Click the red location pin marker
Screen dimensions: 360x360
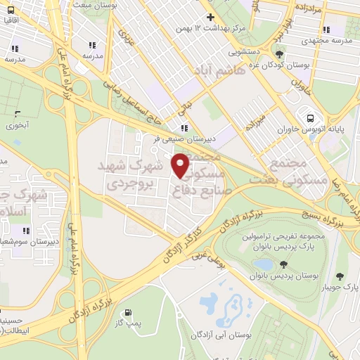pyautogui.click(x=181, y=165)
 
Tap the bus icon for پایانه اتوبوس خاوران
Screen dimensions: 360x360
pyautogui.click(x=309, y=117)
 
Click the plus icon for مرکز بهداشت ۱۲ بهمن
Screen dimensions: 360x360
pyautogui.click(x=210, y=17)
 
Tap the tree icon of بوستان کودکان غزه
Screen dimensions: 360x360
pyautogui.click(x=281, y=54)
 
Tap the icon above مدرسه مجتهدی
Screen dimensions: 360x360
pyautogui.click(x=326, y=30)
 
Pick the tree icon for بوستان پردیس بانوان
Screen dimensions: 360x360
pyautogui.click(x=283, y=264)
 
